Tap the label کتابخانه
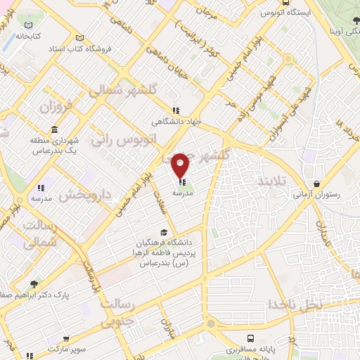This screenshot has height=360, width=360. (x=29, y=34)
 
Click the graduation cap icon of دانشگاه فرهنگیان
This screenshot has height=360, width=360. (x=164, y=232)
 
